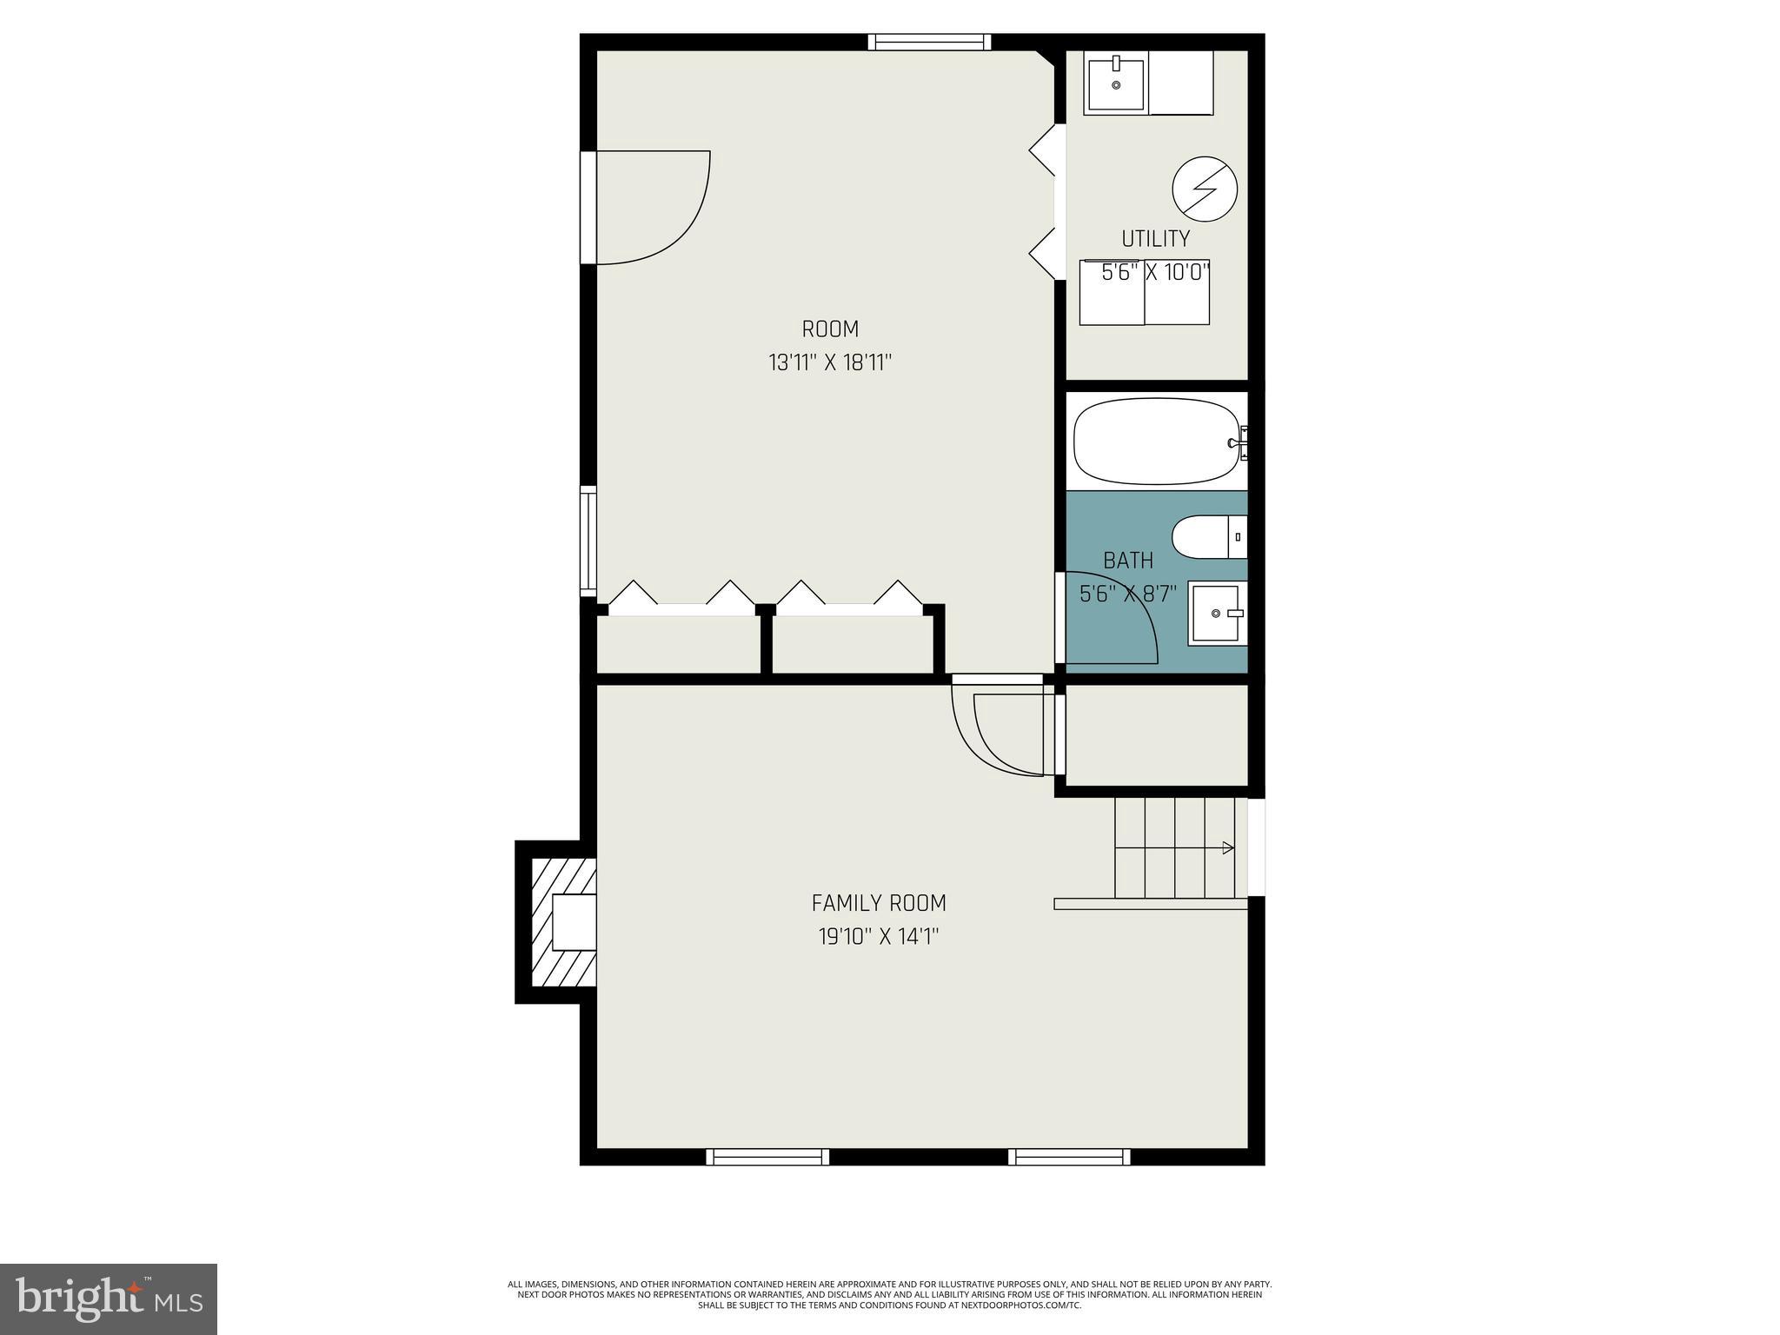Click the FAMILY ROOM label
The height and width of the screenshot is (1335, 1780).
coord(879,904)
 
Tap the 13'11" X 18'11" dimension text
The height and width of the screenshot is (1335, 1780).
coord(830,362)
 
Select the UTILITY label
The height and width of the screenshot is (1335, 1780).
coord(1155,239)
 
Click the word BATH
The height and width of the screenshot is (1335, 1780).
coord(1128,561)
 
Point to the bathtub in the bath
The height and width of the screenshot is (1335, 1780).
coord(1156,442)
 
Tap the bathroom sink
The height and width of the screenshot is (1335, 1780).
coord(1217,613)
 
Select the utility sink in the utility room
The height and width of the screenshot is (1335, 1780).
coord(1116,83)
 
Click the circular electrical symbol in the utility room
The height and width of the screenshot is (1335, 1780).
coord(1205,189)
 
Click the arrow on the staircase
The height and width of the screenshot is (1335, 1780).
coord(1227,848)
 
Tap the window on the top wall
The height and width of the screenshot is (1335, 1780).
coord(929,42)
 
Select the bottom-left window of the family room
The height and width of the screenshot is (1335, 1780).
coord(767,1157)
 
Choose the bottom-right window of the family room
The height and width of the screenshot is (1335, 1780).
coord(1069,1157)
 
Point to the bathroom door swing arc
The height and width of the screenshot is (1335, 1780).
coord(1112,617)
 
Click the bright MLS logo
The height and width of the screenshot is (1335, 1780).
coord(109,1298)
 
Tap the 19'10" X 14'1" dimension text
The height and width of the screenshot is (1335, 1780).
coord(879,937)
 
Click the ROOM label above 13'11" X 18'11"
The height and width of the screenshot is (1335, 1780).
coord(830,329)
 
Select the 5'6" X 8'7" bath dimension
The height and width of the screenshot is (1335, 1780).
coord(1127,594)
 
